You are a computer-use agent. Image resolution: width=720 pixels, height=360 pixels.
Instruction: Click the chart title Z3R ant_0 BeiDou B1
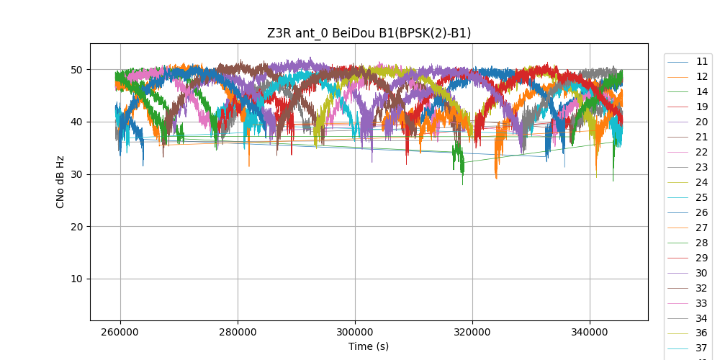[369, 33]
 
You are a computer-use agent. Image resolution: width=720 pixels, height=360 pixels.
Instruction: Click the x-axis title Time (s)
[369, 346]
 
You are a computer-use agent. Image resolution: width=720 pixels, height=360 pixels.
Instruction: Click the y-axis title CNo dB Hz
[60, 181]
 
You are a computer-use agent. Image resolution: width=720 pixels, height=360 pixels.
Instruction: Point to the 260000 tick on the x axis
[120, 333]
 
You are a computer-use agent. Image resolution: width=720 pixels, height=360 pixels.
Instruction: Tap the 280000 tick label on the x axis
[238, 333]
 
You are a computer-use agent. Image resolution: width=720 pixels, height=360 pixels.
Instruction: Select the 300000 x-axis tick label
[355, 333]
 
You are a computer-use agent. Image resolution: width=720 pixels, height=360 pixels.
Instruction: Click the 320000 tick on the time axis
[472, 333]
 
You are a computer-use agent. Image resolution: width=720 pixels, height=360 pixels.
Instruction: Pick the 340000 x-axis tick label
[590, 333]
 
